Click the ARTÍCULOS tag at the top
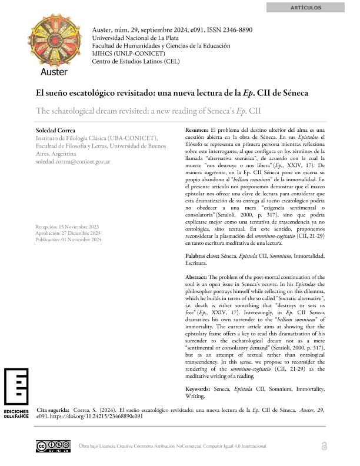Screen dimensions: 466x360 [306, 8]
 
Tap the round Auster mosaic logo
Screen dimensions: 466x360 [54, 42]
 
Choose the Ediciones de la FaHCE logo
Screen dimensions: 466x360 [16, 394]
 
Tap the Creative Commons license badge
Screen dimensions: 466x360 [53, 446]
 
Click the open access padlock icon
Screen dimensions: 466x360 [324, 446]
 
